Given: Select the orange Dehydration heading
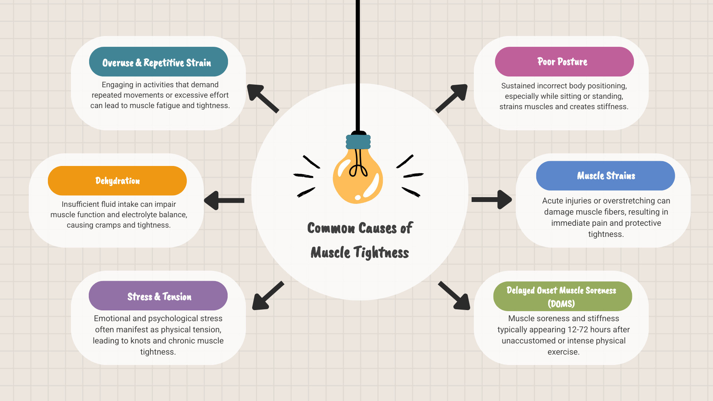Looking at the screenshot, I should pyautogui.click(x=117, y=181).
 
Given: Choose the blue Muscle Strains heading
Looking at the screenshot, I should pyautogui.click(x=605, y=176).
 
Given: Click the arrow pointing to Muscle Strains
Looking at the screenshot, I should pyautogui.click(x=492, y=200).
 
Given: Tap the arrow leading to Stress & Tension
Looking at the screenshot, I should pyautogui.click(x=267, y=296).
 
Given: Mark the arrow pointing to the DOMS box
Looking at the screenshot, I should pyautogui.click(x=455, y=296).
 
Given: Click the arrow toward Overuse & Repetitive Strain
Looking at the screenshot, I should pyautogui.click(x=263, y=98).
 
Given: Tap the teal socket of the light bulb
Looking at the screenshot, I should pyautogui.click(x=358, y=142).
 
